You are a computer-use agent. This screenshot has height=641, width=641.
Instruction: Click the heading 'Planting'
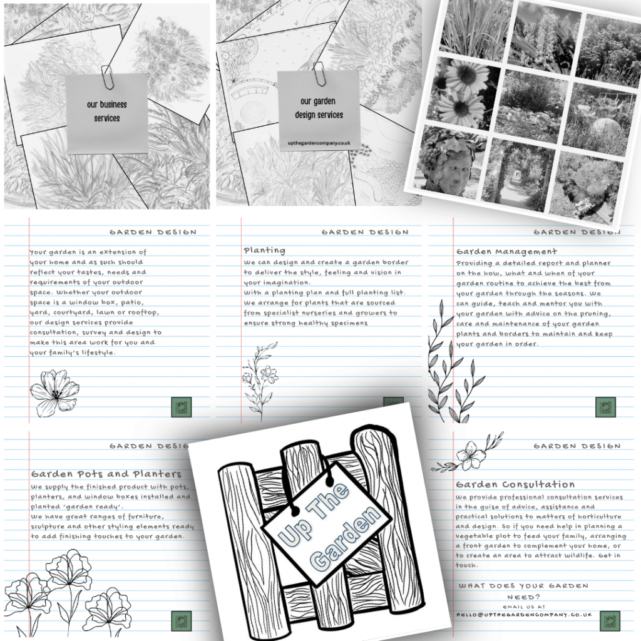[x=264, y=250]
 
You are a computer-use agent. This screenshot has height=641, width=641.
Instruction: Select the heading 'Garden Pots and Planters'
[x=106, y=474]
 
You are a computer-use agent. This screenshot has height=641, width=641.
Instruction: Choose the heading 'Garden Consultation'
[x=515, y=485]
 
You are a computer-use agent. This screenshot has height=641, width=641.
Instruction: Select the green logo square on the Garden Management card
[x=605, y=407]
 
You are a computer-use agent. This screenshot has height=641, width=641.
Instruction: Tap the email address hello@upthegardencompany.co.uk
[x=523, y=615]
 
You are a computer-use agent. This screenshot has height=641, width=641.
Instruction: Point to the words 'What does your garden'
[x=523, y=586]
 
